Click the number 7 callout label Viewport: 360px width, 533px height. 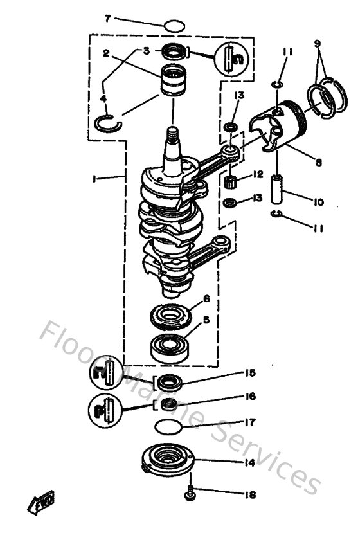(107, 18)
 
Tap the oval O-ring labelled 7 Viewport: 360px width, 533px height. (174, 26)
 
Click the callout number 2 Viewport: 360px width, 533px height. (105, 54)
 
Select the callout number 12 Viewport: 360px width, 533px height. (258, 174)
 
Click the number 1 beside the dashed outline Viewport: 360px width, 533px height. (93, 181)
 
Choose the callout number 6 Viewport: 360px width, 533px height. (206, 298)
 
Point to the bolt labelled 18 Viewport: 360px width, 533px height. (191, 494)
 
